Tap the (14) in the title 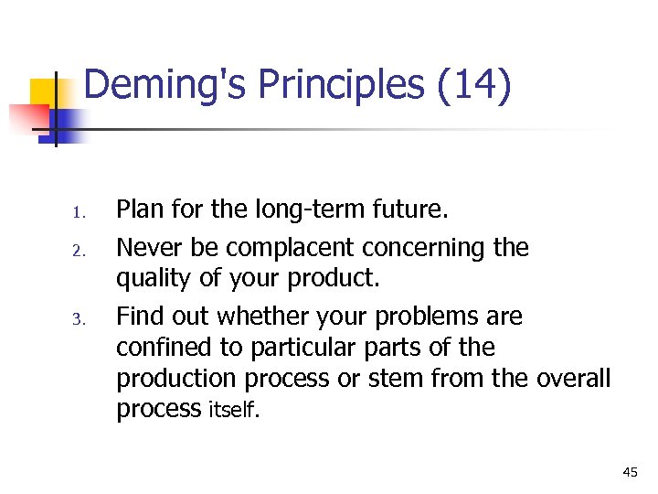(x=474, y=85)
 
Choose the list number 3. (x=79, y=320)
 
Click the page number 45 (x=630, y=471)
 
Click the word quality (x=153, y=277)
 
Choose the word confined (x=164, y=348)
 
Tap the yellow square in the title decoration (x=48, y=93)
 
